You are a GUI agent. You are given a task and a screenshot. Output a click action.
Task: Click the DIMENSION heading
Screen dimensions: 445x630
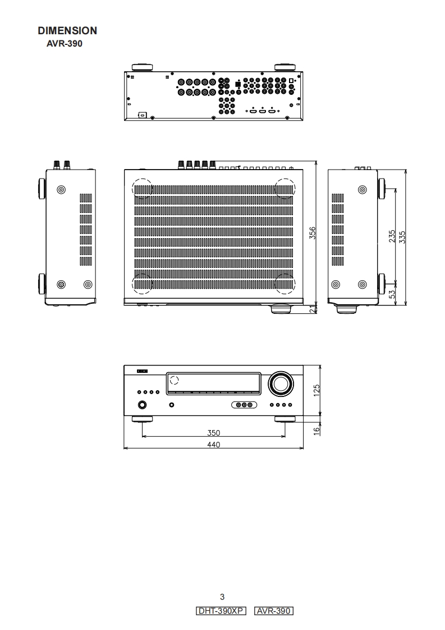[x=67, y=31]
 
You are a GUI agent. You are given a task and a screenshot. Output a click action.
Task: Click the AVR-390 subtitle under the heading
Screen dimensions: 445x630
[x=64, y=43]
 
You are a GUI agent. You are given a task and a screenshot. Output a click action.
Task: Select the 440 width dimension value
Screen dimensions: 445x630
[x=213, y=445]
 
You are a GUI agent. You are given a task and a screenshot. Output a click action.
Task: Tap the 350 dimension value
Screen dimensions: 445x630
[x=213, y=433]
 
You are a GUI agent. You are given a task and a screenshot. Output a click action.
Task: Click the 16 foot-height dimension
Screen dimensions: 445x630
[x=316, y=430]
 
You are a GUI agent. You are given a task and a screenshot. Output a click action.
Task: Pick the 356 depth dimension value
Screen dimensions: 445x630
[x=313, y=233]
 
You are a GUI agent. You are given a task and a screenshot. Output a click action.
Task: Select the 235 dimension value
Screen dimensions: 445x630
[x=392, y=236]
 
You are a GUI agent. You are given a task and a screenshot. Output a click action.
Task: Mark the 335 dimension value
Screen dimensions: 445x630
[x=402, y=236]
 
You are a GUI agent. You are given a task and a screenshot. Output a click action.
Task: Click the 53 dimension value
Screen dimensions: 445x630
[x=392, y=293]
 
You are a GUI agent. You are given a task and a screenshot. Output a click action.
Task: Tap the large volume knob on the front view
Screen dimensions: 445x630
[x=281, y=384]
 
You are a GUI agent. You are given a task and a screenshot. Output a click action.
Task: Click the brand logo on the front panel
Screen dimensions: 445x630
[x=143, y=371]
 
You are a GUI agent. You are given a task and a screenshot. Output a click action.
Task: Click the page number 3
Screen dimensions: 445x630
[x=222, y=597]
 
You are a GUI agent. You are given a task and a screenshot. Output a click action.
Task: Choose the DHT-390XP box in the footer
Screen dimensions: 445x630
[x=222, y=611]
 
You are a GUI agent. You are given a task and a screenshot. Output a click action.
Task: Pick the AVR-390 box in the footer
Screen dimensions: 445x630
[x=274, y=611]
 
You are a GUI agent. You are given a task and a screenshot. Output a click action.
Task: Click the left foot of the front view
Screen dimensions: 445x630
[x=142, y=419]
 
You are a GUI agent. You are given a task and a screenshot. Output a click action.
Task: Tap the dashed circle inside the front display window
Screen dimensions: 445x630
[x=174, y=380]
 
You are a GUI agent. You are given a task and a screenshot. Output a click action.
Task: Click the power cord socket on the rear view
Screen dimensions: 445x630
[x=143, y=115]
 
